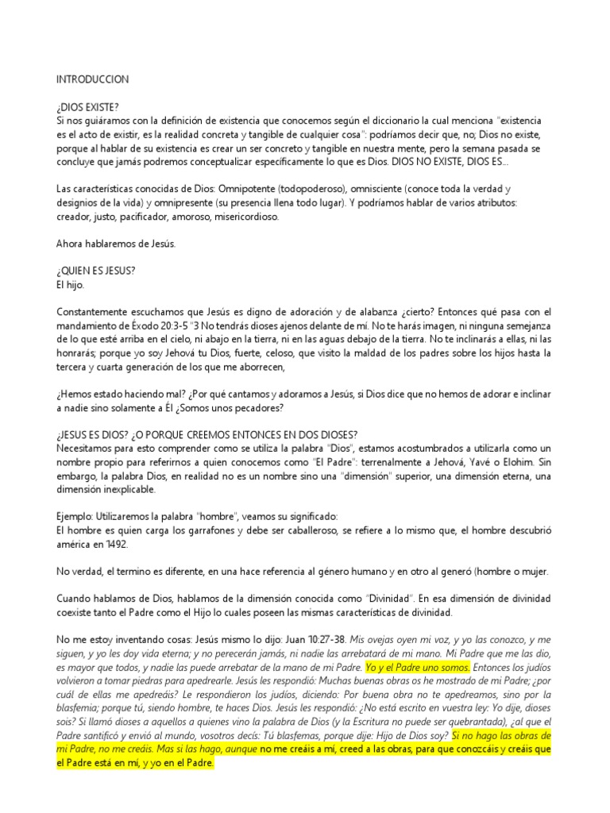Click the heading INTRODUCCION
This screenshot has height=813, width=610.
92,80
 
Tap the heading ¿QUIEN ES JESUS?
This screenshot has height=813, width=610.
96,270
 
